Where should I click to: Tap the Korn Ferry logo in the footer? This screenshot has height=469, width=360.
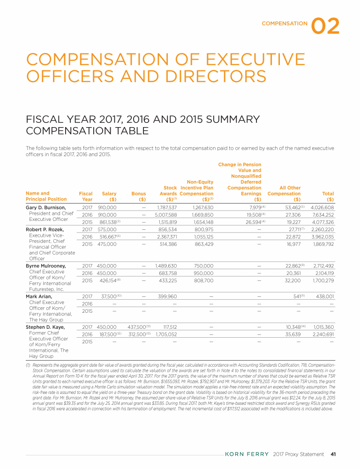click(x=247, y=454)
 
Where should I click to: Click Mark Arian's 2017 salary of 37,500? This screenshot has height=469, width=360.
click(x=107, y=296)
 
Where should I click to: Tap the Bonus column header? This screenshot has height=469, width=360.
click(x=139, y=196)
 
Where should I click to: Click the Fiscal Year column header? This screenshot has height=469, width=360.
click(x=86, y=196)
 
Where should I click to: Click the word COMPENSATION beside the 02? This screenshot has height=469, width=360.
click(x=285, y=23)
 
